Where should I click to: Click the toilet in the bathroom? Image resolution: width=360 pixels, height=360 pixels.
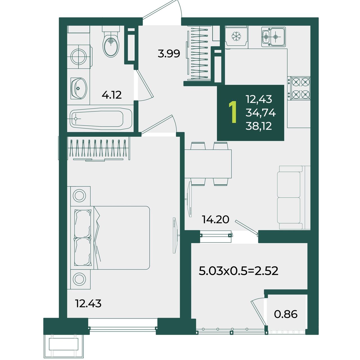coord(111,41)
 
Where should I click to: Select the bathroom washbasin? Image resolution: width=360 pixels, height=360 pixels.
coord(79,88)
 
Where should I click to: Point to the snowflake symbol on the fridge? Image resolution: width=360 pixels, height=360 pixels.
coord(236,36)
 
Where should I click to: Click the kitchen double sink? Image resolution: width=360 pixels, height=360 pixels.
coord(273,37)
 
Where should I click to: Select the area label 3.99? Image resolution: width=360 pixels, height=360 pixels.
coord(169,54)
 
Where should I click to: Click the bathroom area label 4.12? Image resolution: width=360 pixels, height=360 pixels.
coord(112,95)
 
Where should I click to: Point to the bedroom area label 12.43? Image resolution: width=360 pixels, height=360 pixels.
coord(88,303)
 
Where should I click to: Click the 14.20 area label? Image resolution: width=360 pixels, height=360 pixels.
coord(216,219)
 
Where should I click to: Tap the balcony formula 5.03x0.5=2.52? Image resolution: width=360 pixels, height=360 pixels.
coord(238,271)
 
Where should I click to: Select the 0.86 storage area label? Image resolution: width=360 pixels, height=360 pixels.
coord(286,314)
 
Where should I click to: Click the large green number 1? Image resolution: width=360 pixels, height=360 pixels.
coord(233,112)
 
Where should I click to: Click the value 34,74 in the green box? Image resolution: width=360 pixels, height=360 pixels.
coord(261,113)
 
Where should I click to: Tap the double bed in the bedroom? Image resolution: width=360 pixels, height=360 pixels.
coord(110,238)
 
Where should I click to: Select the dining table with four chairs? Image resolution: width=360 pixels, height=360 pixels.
coord(208,164)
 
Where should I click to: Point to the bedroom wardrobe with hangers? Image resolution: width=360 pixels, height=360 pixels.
coord(98,149)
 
